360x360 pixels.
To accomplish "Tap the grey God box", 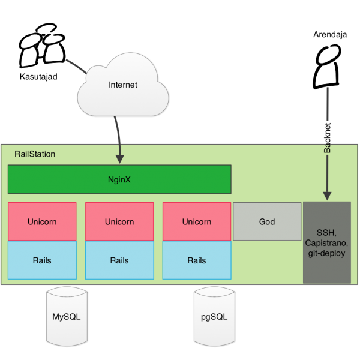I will click(x=267, y=221).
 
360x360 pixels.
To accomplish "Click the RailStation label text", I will click(x=35, y=154).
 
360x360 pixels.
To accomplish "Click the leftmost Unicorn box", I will click(x=42, y=221).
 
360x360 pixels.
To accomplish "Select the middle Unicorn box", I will click(x=119, y=221).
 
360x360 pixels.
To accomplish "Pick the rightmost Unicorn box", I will click(x=197, y=221).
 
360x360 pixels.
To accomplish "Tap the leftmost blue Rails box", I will click(x=42, y=260).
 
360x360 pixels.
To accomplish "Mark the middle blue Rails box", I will click(x=119, y=260).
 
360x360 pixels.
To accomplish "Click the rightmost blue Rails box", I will click(x=197, y=260).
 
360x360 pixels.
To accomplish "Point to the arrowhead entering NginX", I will click(x=119, y=159).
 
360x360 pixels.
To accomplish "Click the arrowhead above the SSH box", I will click(x=327, y=196).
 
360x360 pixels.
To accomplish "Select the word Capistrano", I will click(x=327, y=243).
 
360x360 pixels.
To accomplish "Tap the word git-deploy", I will click(x=327, y=253).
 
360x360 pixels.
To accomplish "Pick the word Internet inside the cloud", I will click(x=123, y=85).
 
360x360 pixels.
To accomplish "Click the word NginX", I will click(x=119, y=179).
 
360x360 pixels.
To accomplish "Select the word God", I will click(x=267, y=221).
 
